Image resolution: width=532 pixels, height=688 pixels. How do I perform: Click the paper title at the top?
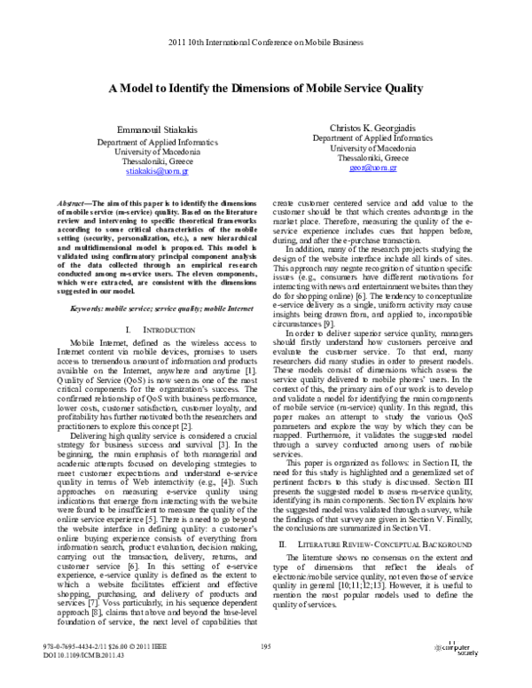point(266,89)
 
